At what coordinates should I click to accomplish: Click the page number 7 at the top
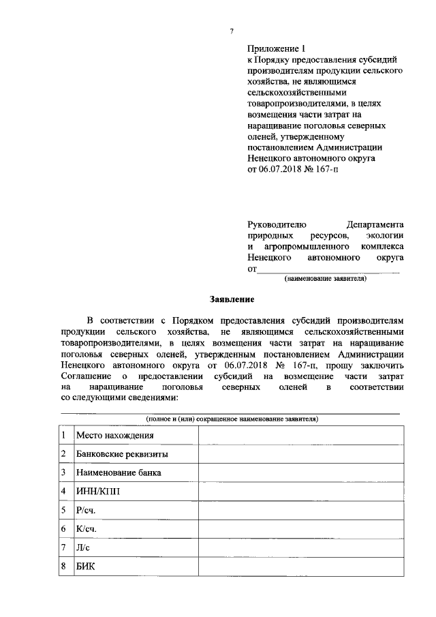click(232, 31)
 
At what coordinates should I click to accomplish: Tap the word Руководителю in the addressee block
click(277, 224)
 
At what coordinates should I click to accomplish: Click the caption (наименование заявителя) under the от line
click(326, 279)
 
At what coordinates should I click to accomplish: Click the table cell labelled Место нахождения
click(114, 435)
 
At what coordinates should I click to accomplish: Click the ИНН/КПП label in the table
click(97, 491)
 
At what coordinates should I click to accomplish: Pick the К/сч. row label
click(87, 529)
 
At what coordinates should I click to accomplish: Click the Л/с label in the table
click(83, 547)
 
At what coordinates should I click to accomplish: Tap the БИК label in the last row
click(85, 567)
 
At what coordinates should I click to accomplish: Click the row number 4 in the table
click(63, 491)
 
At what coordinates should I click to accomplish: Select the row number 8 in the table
click(63, 567)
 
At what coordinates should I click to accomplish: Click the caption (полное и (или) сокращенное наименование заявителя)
click(232, 418)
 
